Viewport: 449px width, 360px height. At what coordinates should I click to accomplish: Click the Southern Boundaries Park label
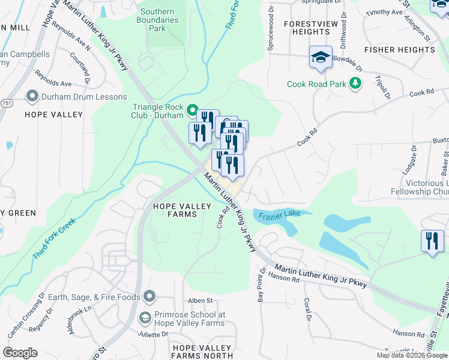coord(157,20)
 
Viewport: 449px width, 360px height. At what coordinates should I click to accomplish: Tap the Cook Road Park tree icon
coord(356,83)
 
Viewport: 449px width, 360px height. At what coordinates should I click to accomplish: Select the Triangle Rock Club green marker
coord(192,110)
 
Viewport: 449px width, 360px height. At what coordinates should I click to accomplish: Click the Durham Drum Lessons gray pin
coord(32,96)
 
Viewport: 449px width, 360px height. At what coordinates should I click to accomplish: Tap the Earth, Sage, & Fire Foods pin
coord(149,296)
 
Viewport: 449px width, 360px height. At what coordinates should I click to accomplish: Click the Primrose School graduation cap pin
coord(145,317)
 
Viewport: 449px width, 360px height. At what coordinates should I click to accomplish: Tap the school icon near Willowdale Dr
coord(321,58)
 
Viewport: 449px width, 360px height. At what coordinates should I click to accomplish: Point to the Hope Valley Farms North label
coord(202,352)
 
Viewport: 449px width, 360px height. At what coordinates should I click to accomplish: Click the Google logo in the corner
coord(20,352)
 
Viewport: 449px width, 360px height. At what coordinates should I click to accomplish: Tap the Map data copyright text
coord(412,355)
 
